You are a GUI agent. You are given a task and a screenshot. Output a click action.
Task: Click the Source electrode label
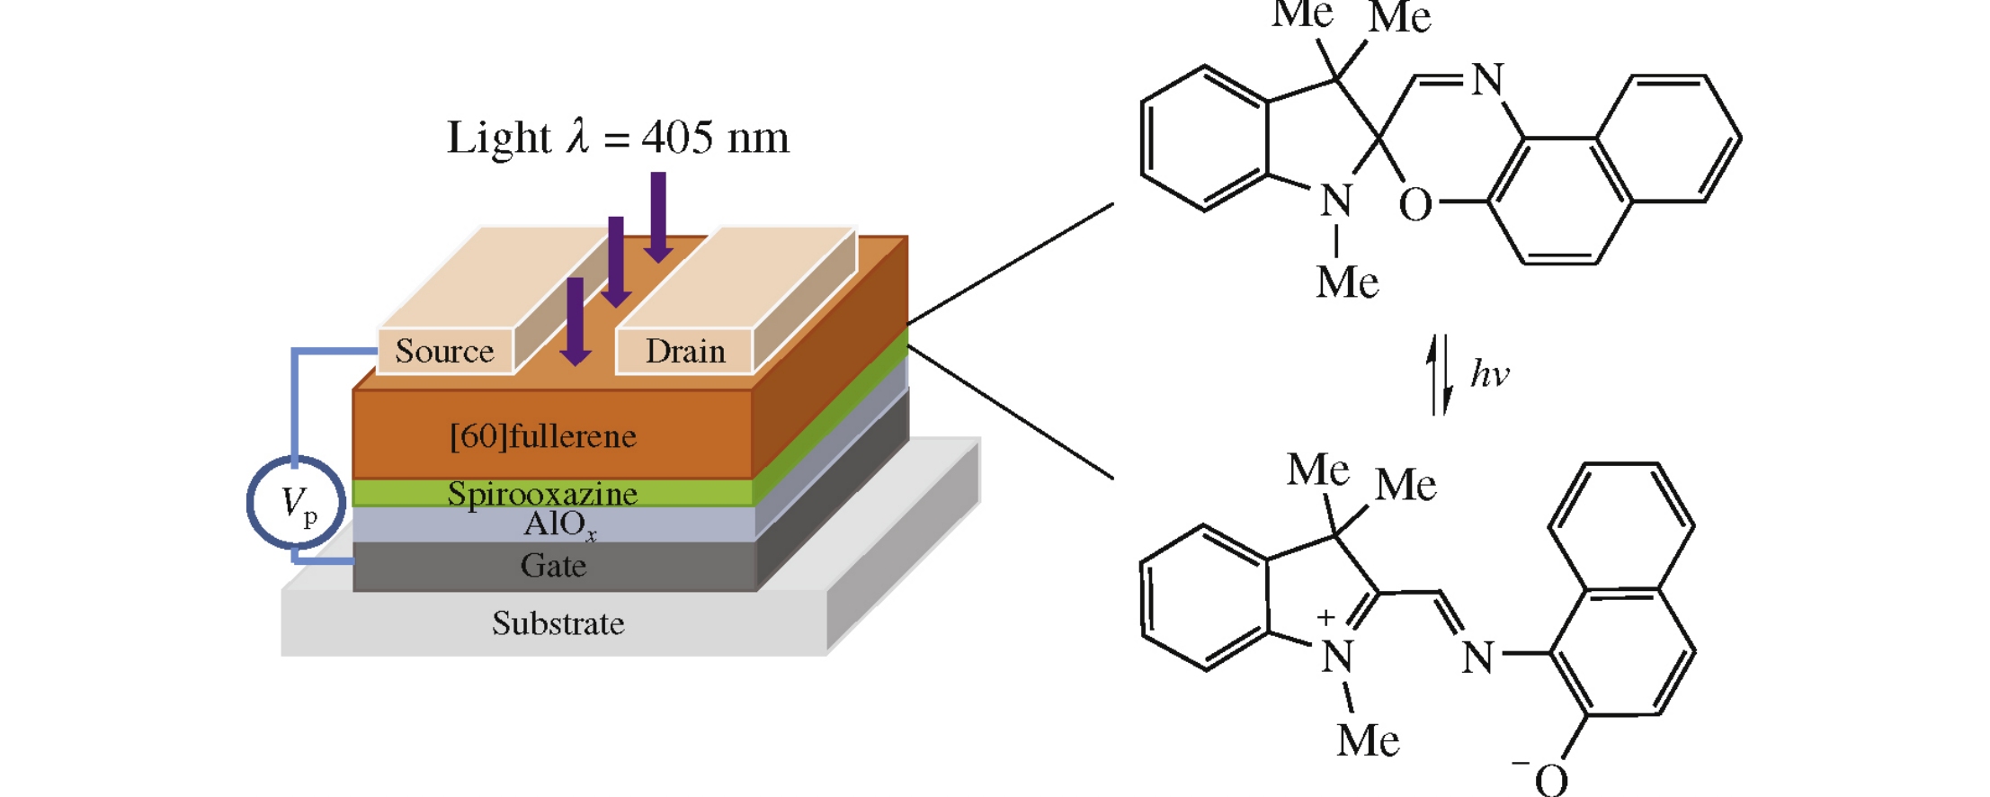444,351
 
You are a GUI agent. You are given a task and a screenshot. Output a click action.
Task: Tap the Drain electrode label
685,351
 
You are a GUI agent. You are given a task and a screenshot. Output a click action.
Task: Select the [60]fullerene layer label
543,436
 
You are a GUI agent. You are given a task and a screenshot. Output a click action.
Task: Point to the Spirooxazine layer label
542,493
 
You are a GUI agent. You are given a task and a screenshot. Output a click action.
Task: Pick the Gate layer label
553,566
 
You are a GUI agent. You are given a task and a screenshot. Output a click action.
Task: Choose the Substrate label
558,623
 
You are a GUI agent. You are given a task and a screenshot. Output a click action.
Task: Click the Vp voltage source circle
297,503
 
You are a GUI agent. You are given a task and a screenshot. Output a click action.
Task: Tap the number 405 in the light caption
677,138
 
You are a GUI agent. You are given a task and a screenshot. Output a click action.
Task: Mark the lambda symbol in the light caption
577,138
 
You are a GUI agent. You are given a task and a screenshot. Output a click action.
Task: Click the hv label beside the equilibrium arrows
1489,373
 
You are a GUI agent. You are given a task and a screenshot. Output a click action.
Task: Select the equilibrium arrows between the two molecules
1441,374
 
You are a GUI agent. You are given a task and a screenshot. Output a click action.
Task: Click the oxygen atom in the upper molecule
1414,205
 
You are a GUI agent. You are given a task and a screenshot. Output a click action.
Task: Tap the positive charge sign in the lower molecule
1325,618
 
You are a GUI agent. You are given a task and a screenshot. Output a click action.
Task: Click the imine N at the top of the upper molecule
1487,79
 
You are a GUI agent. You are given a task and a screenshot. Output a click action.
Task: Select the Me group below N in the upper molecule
1346,282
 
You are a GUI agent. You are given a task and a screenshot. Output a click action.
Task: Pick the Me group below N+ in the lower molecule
1367,740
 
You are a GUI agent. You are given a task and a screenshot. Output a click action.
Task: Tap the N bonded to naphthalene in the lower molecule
1477,657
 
